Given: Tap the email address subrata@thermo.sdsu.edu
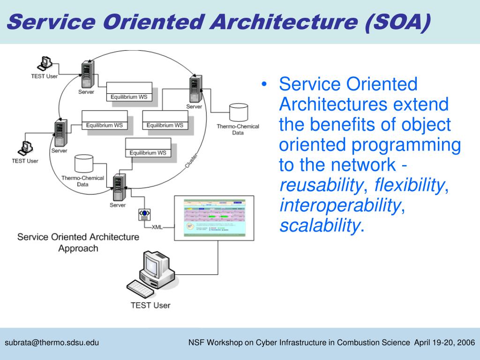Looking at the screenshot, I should coord(52,343).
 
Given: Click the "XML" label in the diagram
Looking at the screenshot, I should coord(157,227).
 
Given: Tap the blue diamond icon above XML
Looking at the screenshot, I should coord(144,214).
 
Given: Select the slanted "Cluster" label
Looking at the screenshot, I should coord(191,161).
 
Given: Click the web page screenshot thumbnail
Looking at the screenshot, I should coord(214,217).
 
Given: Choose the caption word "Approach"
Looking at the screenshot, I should coord(78,248).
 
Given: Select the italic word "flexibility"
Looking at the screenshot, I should coord(409,186).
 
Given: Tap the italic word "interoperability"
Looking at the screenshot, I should coord(340,206).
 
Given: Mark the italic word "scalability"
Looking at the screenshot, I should coord(319,226).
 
